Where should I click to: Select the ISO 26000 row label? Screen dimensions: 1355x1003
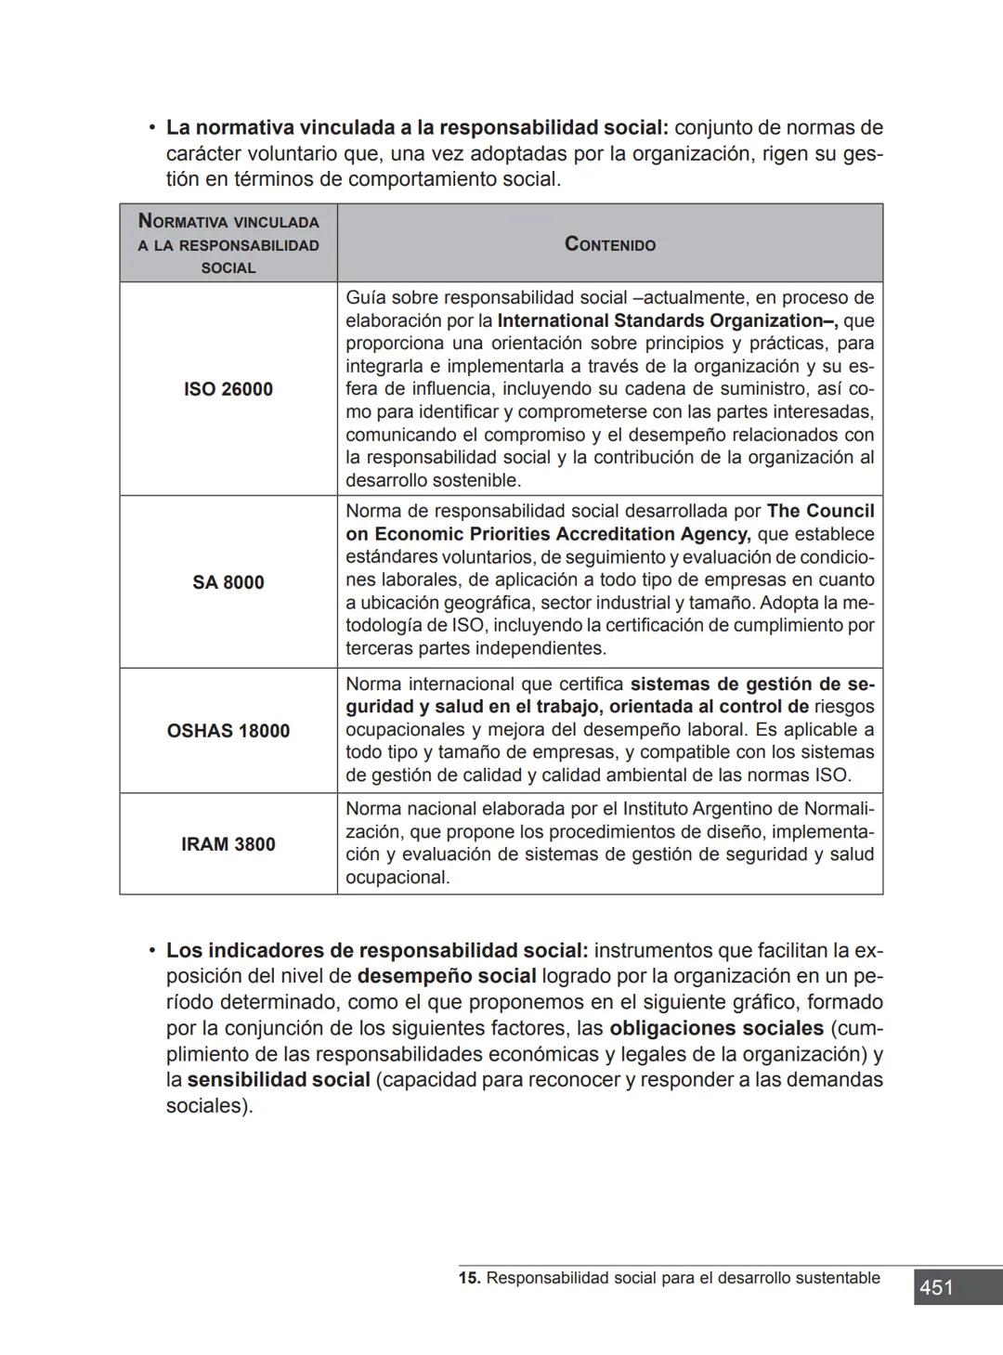[x=228, y=389]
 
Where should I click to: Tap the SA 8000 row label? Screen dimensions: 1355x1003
[x=228, y=582]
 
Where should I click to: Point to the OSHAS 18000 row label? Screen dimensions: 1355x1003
[x=228, y=731]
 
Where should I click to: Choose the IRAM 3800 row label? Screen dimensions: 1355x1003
[x=228, y=844]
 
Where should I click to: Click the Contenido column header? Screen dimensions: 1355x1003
[x=610, y=244]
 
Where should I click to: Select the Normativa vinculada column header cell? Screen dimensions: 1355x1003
[x=228, y=244]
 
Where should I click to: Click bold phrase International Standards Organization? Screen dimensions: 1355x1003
[x=666, y=321]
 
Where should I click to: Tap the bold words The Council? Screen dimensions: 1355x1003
[x=820, y=512]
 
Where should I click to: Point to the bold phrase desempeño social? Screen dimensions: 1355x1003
[x=447, y=977]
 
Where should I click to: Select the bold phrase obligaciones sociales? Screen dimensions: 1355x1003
[x=716, y=1029]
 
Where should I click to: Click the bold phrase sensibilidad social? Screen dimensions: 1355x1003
[x=279, y=1080]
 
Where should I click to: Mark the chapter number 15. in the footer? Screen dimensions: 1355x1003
[x=469, y=1279]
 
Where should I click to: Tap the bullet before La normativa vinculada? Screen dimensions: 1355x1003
[x=150, y=127]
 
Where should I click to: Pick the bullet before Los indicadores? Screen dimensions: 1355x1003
[x=150, y=951]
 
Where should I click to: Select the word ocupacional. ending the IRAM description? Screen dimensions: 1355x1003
[x=397, y=878]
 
